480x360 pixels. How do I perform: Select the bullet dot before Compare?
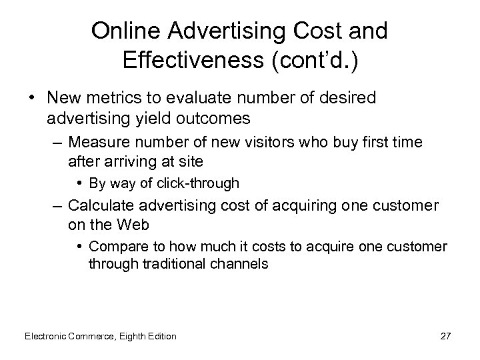tap(79, 247)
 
